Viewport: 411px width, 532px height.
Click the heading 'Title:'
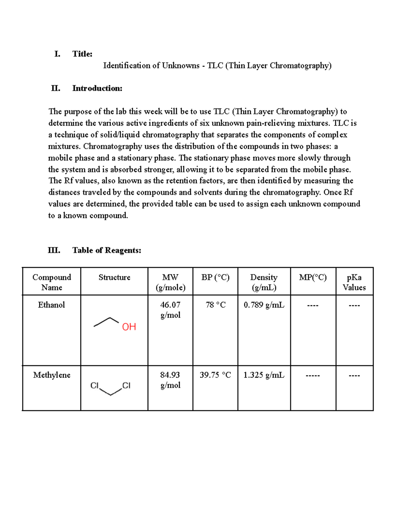tap(82, 54)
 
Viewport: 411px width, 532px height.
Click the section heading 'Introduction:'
tap(97, 88)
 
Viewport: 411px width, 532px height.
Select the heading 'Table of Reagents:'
tap(107, 250)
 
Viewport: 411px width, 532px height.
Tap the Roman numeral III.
tap(54, 250)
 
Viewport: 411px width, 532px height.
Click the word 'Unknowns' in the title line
tap(180, 65)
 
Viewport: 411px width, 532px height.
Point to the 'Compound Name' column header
tap(52, 282)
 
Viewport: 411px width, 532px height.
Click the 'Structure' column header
tap(114, 277)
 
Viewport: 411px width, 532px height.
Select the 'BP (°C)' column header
tap(215, 277)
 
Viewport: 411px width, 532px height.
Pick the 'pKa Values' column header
tap(354, 282)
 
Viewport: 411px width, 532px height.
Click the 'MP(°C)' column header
tap(313, 277)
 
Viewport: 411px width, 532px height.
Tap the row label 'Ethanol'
tap(51, 305)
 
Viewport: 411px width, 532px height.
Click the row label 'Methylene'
tap(52, 375)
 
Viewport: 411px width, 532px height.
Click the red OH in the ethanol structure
tap(129, 327)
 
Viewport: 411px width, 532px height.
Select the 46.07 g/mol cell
tap(170, 310)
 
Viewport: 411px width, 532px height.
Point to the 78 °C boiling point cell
tap(215, 305)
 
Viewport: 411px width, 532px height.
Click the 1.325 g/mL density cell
tap(264, 375)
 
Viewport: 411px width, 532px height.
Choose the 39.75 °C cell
tap(215, 375)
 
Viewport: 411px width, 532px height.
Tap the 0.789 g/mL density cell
tap(264, 305)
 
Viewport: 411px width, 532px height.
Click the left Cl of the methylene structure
tap(94, 386)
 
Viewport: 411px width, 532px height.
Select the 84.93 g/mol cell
tap(170, 380)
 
